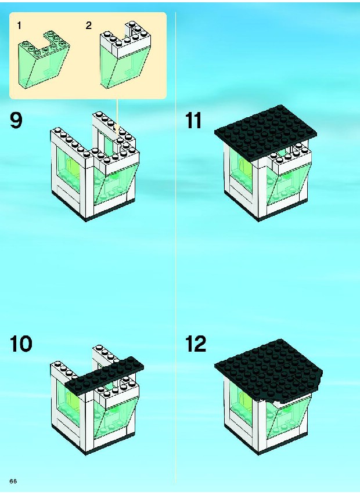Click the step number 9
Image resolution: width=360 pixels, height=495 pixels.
[x=16, y=121]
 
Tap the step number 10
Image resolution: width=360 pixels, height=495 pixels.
[x=21, y=344]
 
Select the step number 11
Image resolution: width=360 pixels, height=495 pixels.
[x=193, y=121]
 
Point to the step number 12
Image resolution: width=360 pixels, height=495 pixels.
[x=196, y=344]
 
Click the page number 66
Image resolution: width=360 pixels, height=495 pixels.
[x=13, y=481]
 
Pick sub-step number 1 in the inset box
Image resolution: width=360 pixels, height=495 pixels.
[x=19, y=26]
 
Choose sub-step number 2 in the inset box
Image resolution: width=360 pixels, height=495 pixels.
[x=88, y=26]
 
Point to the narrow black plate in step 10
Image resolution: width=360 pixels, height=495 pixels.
[x=104, y=375]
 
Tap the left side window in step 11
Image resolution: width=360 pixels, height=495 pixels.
[x=242, y=172]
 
